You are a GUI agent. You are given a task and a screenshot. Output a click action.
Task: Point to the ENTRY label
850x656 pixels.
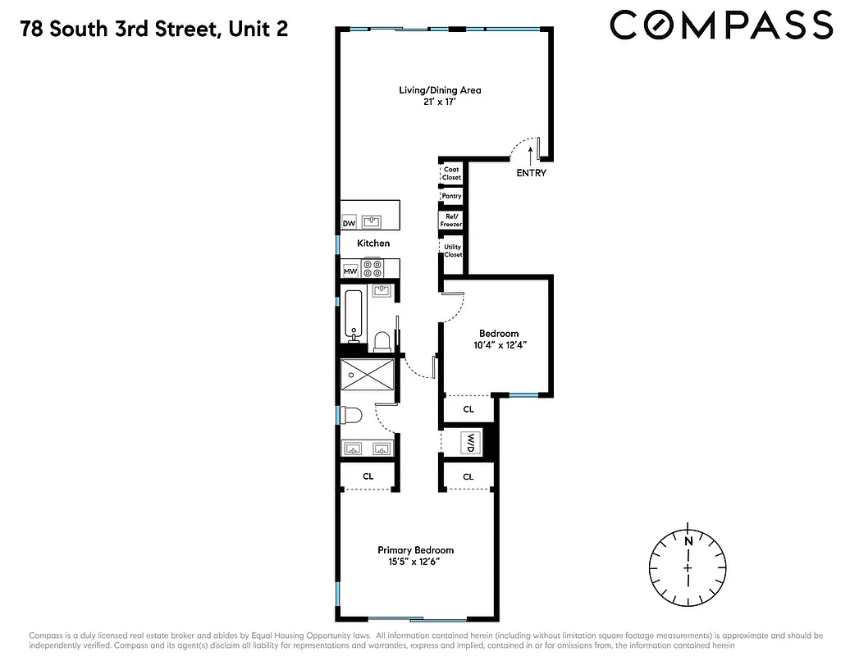tap(531, 173)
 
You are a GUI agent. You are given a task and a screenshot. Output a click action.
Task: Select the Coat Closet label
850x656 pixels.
tap(452, 173)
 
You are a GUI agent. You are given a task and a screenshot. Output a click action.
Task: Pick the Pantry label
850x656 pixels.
tap(452, 197)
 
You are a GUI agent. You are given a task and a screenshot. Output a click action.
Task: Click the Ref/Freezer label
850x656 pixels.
tap(452, 220)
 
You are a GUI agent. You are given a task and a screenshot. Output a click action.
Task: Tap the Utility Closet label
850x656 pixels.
tap(452, 250)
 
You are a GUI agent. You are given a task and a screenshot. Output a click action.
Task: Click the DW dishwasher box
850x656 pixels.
tap(349, 223)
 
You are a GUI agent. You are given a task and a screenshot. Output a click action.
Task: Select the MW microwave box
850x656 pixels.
tap(350, 271)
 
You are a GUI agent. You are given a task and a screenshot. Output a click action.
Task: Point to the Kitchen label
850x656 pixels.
tap(373, 244)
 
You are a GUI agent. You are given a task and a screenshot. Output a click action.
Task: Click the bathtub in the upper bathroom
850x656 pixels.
tap(354, 316)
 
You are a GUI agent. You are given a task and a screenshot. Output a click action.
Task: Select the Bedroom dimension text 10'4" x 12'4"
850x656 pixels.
tap(499, 345)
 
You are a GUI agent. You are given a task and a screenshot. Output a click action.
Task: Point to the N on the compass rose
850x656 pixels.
tap(687, 540)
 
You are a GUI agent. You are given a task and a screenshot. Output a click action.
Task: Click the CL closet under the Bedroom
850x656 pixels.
tap(468, 408)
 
